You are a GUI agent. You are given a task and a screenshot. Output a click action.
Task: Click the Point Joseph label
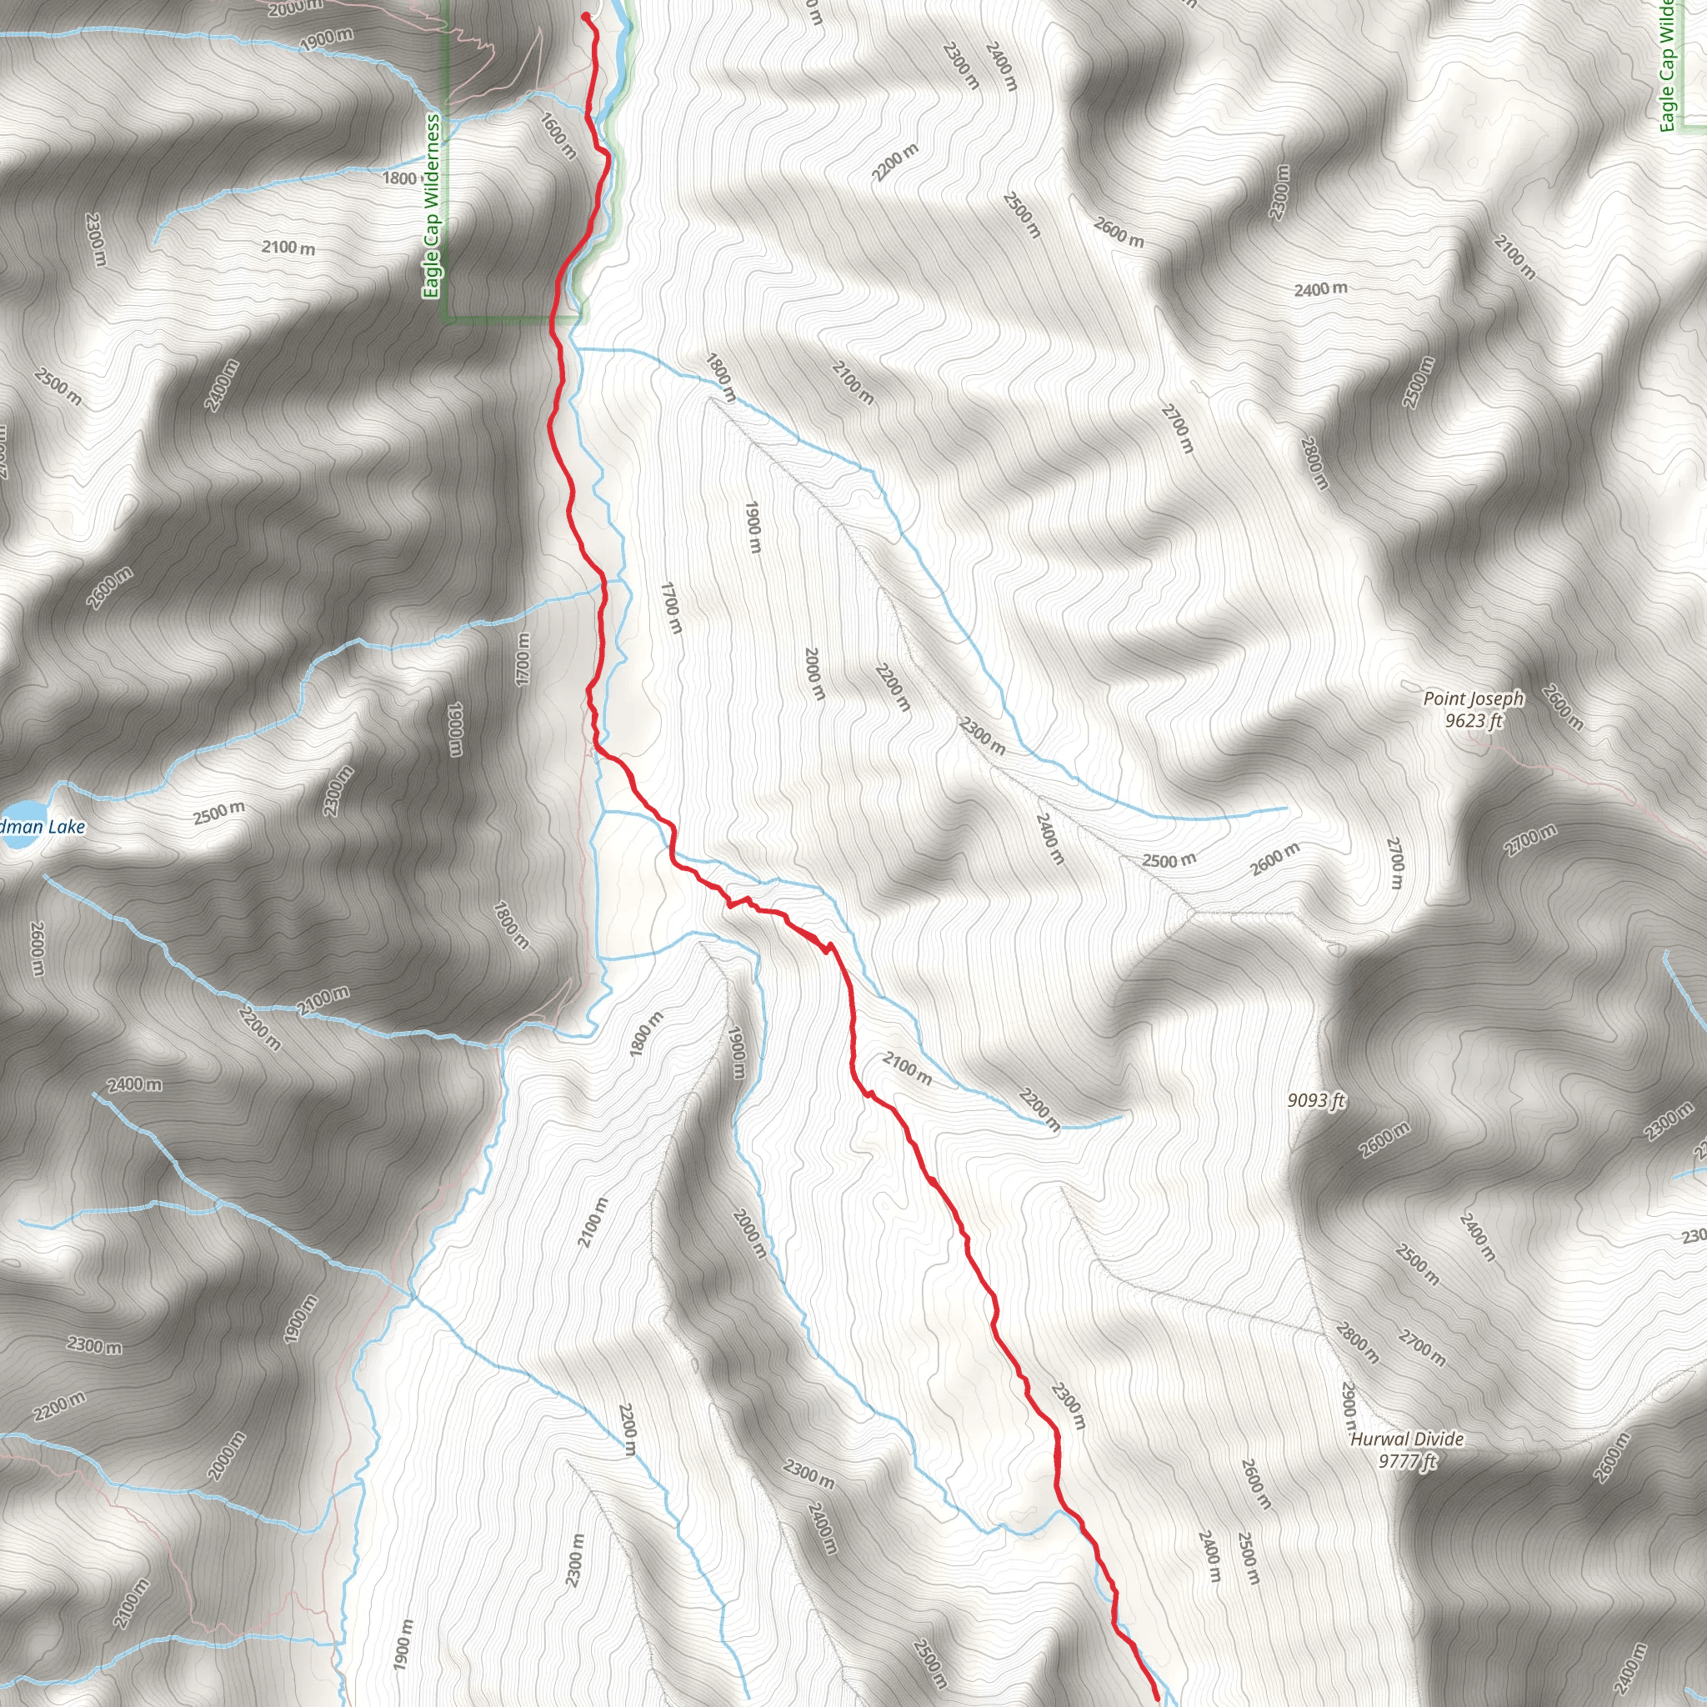[1473, 698]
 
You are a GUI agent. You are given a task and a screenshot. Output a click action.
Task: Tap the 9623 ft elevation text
[1473, 721]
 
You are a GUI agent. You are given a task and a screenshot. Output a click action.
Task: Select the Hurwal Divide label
[1407, 1439]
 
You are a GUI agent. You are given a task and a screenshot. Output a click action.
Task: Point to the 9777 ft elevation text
[1407, 1461]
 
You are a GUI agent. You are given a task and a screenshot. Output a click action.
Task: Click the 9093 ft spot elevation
[1315, 1100]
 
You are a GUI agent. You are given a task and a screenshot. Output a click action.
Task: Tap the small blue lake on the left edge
[19, 824]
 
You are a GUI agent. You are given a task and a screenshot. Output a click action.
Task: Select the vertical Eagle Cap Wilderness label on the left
[431, 206]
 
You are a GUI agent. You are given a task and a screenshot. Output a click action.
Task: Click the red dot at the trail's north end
[585, 15]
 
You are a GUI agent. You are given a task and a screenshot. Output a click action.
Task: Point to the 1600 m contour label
[558, 136]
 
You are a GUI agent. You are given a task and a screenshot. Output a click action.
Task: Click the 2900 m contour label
[1349, 1409]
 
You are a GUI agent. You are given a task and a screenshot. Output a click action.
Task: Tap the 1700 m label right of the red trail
[672, 607]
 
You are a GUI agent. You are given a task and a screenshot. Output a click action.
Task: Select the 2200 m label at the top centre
[895, 163]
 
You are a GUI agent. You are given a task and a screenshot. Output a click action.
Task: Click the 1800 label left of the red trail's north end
[398, 178]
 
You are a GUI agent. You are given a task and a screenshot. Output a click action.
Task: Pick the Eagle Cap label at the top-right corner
[1666, 67]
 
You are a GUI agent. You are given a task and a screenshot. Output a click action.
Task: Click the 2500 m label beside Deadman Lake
[219, 812]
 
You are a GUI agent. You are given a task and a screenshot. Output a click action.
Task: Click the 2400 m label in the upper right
[1321, 290]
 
